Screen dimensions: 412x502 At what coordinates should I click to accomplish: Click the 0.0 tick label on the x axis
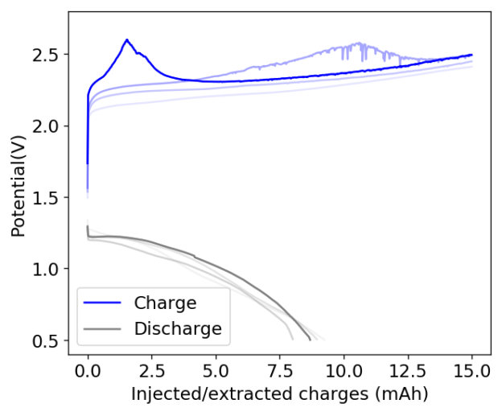tap(88, 371)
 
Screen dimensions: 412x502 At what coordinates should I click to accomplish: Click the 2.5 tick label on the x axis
tap(151, 371)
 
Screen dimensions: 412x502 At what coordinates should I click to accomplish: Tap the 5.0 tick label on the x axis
tap(216, 371)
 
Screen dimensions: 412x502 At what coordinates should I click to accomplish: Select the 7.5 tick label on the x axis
tap(279, 371)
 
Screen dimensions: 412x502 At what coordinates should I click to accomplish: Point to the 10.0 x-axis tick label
tap(344, 371)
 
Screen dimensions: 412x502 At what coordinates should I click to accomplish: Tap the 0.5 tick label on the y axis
tap(47, 340)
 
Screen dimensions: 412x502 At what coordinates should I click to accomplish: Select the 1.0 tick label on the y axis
tap(47, 269)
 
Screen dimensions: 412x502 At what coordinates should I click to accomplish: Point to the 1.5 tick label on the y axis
tap(47, 197)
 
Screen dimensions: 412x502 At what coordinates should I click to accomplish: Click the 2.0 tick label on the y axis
tap(47, 126)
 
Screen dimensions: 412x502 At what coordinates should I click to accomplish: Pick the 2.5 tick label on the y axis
tap(47, 55)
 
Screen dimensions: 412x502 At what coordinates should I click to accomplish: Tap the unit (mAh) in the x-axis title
tap(401, 394)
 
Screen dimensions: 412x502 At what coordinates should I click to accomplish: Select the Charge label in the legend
tap(165, 303)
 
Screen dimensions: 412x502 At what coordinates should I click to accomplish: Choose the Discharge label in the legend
tap(177, 328)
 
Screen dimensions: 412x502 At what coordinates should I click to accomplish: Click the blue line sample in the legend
tap(103, 303)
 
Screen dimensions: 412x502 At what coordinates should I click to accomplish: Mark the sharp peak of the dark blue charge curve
tap(126, 39)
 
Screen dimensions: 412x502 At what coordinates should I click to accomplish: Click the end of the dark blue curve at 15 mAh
tap(471, 55)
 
